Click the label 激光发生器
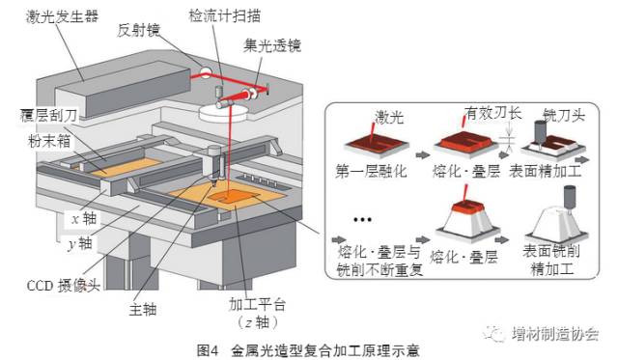click(62, 17)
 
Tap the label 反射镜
click(139, 30)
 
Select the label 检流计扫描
click(225, 15)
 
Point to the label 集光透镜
click(272, 45)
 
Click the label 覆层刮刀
click(49, 116)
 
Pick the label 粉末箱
click(49, 141)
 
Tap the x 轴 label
click(84, 218)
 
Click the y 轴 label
click(80, 243)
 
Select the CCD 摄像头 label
click(64, 286)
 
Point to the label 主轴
click(143, 309)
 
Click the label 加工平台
click(257, 304)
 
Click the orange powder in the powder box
click(126, 167)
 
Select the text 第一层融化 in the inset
click(371, 171)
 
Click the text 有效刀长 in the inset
click(493, 113)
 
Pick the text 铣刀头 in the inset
click(564, 115)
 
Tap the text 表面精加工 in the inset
click(545, 171)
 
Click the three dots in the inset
click(362, 220)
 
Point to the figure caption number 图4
click(208, 350)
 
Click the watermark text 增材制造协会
click(556, 334)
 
